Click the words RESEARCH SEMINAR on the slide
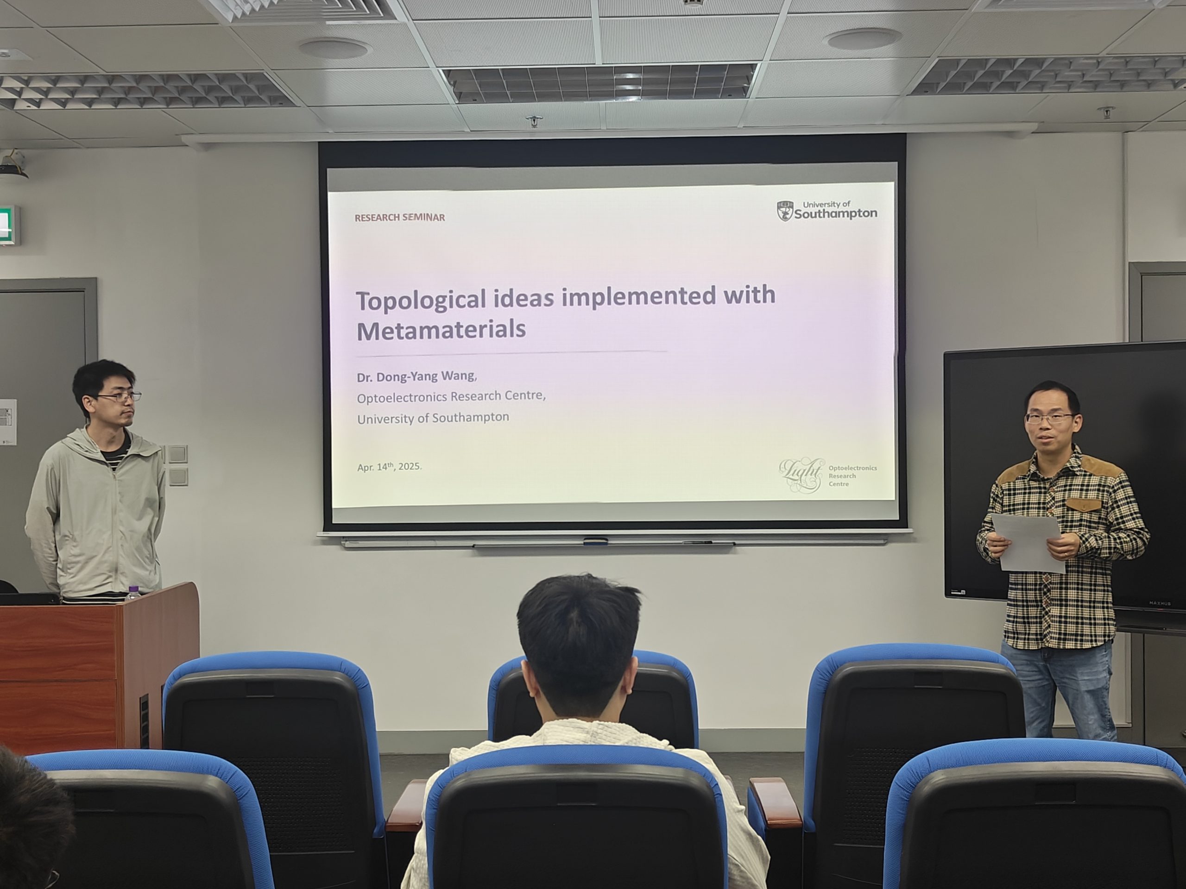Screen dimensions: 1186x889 pyautogui.click(x=399, y=217)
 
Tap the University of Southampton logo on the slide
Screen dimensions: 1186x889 pyautogui.click(x=827, y=211)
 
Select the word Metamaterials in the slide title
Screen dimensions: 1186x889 pyautogui.click(x=441, y=330)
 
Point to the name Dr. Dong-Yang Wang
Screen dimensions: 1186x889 pyautogui.click(x=416, y=376)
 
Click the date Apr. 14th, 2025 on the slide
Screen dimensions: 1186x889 pyautogui.click(x=389, y=466)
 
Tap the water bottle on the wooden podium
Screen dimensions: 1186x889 pyautogui.click(x=133, y=592)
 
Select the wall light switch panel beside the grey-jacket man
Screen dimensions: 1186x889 pyautogui.click(x=177, y=464)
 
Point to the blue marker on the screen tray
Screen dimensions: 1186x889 pyautogui.click(x=596, y=541)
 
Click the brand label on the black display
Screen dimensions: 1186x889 pyautogui.click(x=1160, y=603)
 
